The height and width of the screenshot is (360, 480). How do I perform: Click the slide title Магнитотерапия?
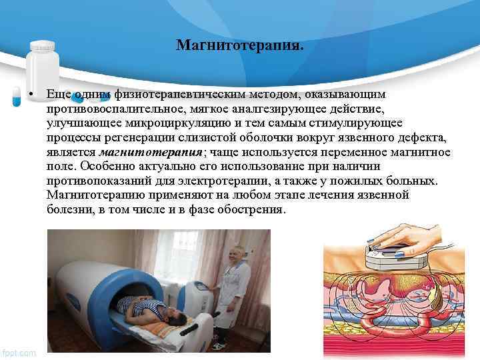pos(239,45)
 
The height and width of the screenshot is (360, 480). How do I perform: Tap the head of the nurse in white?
pos(234,255)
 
